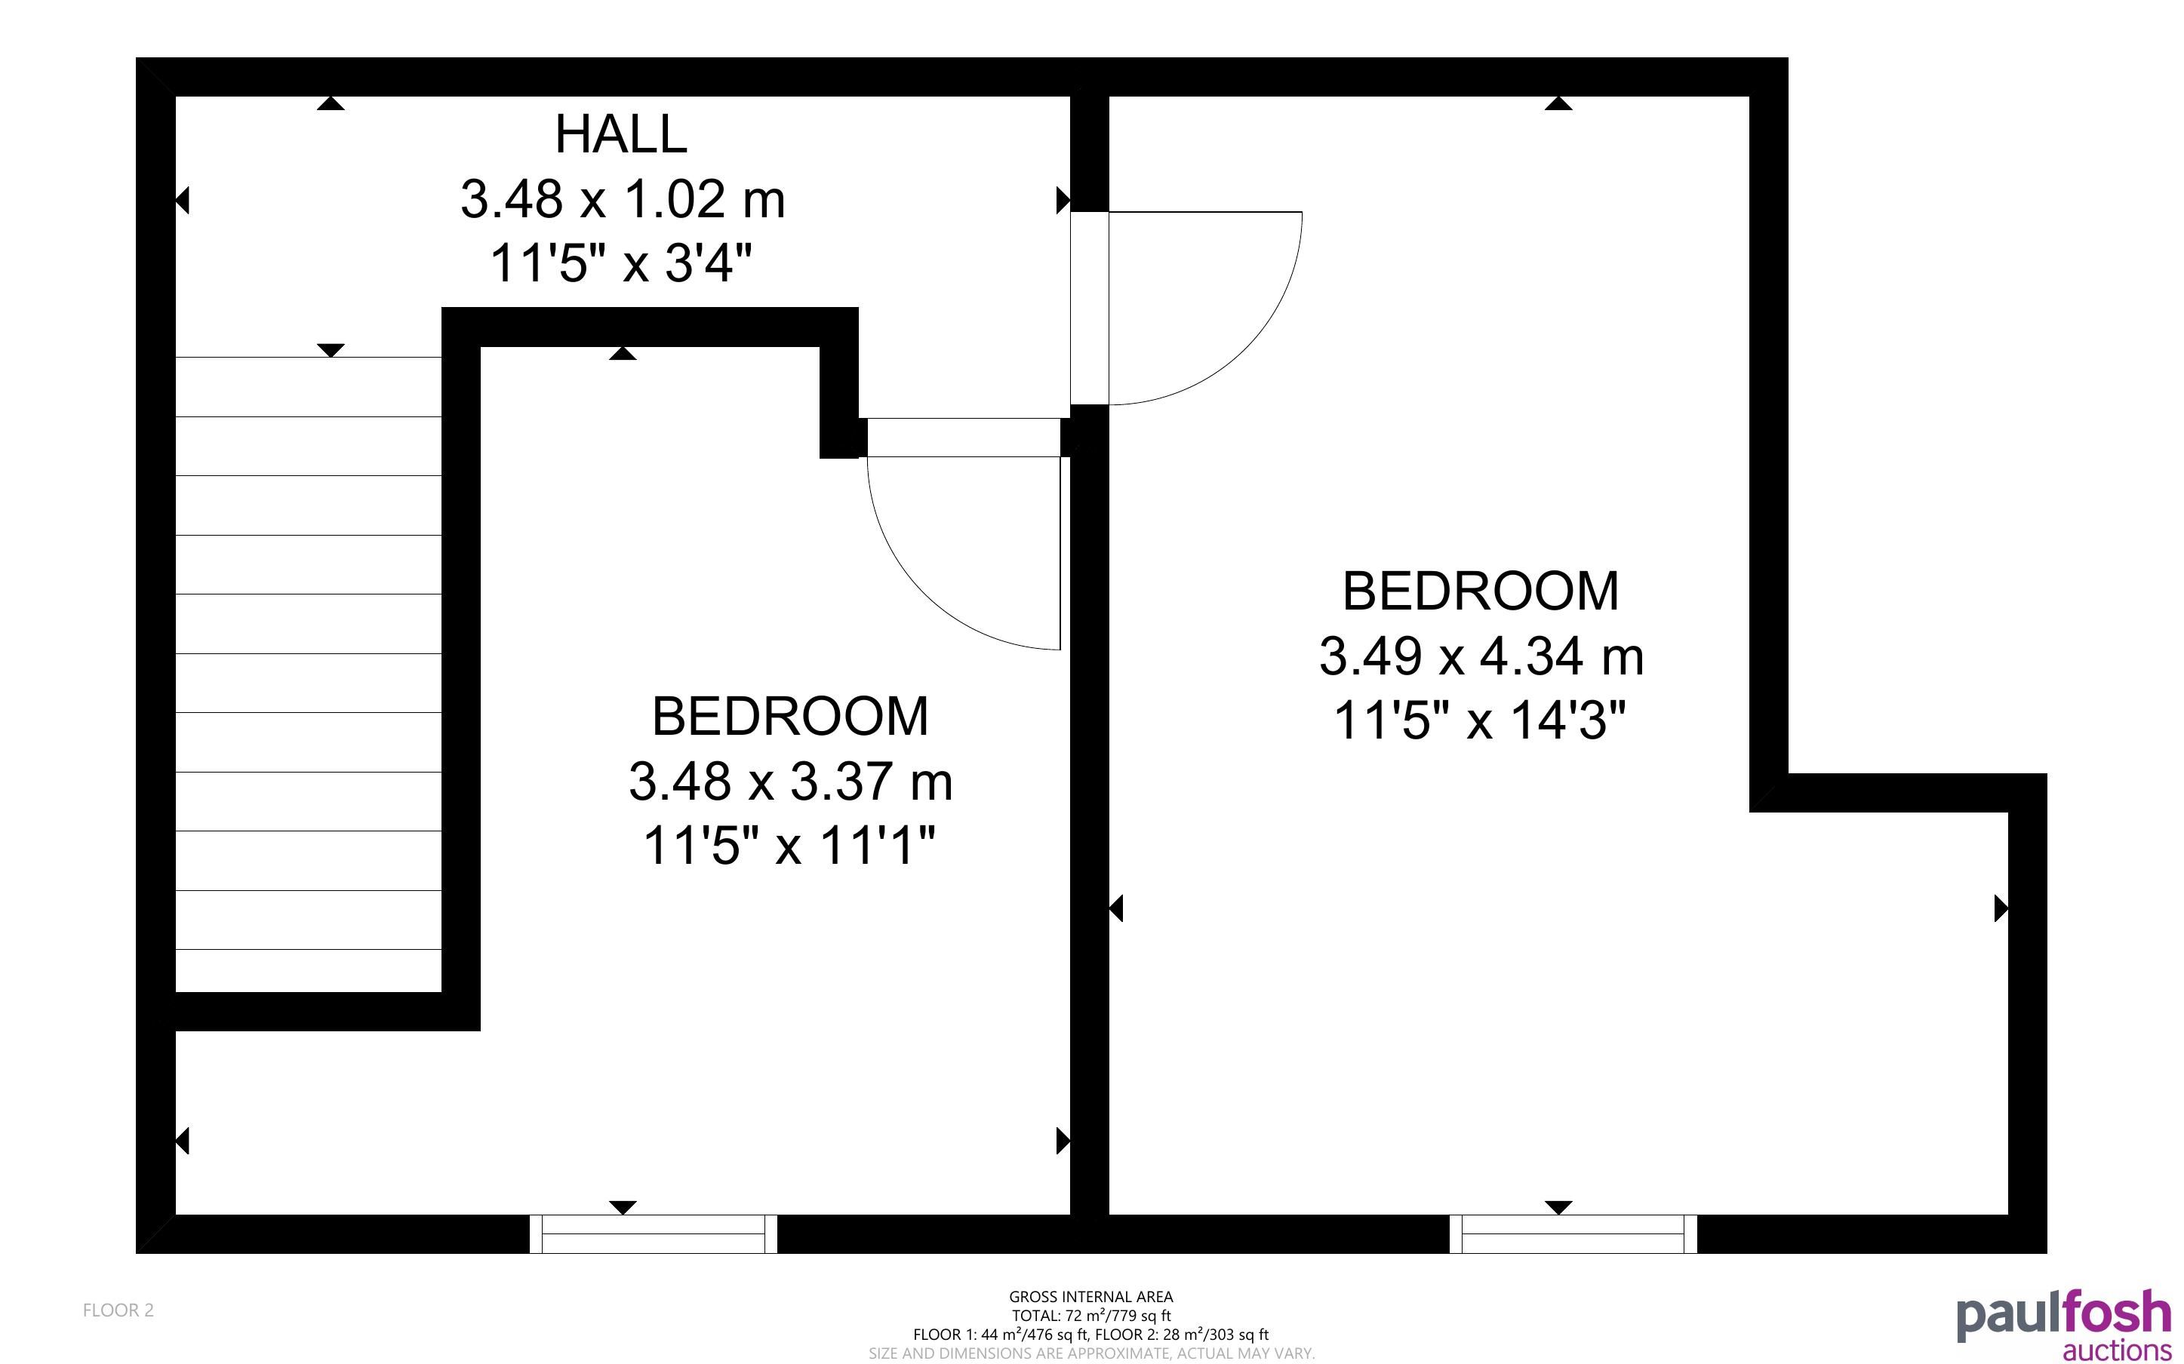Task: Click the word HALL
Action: tap(620, 134)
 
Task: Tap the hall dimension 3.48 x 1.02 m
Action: tap(623, 199)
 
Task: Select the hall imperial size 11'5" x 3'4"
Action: tap(620, 264)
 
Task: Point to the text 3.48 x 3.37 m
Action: tap(790, 782)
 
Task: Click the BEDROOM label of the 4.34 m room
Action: tap(1481, 591)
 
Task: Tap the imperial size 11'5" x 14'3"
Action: tap(1481, 720)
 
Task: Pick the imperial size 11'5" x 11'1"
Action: tap(789, 846)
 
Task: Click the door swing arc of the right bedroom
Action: tap(1245, 347)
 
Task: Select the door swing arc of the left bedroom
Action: tap(924, 591)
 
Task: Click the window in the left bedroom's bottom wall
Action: tap(653, 1233)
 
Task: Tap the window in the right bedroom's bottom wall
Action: tap(1573, 1233)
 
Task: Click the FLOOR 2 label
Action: tap(118, 1310)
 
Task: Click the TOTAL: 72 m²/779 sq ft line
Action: tap(1090, 1315)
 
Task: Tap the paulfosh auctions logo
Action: tap(2064, 1326)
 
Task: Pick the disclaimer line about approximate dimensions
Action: tap(1091, 1353)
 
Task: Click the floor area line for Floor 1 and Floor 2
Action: tap(1090, 1335)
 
